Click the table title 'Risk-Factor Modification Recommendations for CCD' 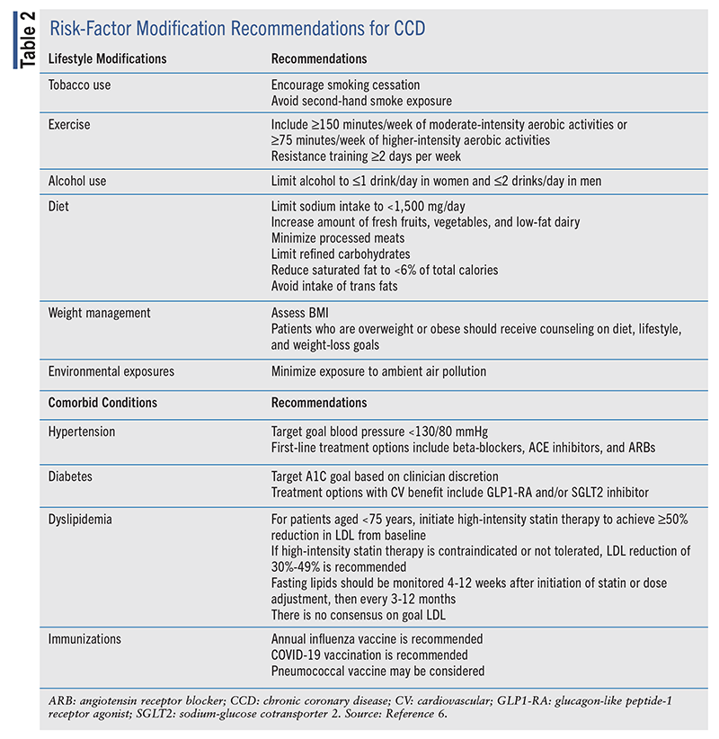pyautogui.click(x=236, y=29)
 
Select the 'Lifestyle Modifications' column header pyautogui.click(x=107, y=58)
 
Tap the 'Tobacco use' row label pyautogui.click(x=79, y=85)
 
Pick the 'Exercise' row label pyautogui.click(x=69, y=124)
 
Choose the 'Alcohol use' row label pyautogui.click(x=77, y=181)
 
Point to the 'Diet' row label pyautogui.click(x=59, y=206)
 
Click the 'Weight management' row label pyautogui.click(x=99, y=313)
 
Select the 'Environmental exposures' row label pyautogui.click(x=111, y=370)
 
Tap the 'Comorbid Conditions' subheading pyautogui.click(x=102, y=403)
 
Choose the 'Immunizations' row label pyautogui.click(x=85, y=639)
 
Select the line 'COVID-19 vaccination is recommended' pyautogui.click(x=369, y=654)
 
